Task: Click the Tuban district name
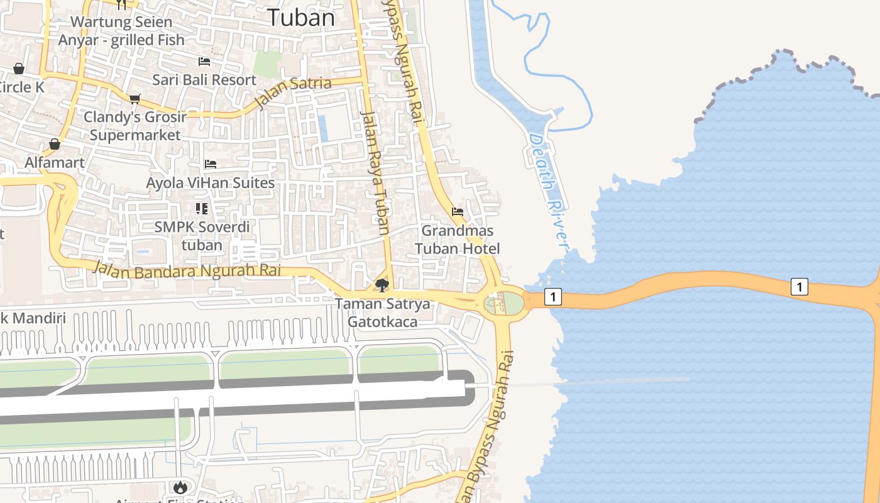pyautogui.click(x=301, y=17)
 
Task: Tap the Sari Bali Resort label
pyautogui.click(x=204, y=80)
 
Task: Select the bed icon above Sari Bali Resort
pyautogui.click(x=204, y=62)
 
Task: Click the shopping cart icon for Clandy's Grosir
pyautogui.click(x=135, y=99)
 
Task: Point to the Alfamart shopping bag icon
pyautogui.click(x=55, y=145)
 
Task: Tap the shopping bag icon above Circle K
pyautogui.click(x=19, y=69)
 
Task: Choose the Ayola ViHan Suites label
pyautogui.click(x=210, y=183)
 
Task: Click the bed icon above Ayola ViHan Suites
pyautogui.click(x=211, y=164)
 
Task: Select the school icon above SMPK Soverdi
pyautogui.click(x=202, y=208)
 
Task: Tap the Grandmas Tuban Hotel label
pyautogui.click(x=458, y=240)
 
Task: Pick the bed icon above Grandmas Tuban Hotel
pyautogui.click(x=458, y=212)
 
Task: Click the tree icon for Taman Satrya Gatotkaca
pyautogui.click(x=382, y=285)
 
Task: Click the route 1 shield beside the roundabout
pyautogui.click(x=553, y=297)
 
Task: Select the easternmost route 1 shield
pyautogui.click(x=799, y=287)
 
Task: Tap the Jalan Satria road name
pyautogui.click(x=293, y=92)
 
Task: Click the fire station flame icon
pyautogui.click(x=180, y=487)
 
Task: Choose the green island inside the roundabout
pyautogui.click(x=513, y=303)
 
